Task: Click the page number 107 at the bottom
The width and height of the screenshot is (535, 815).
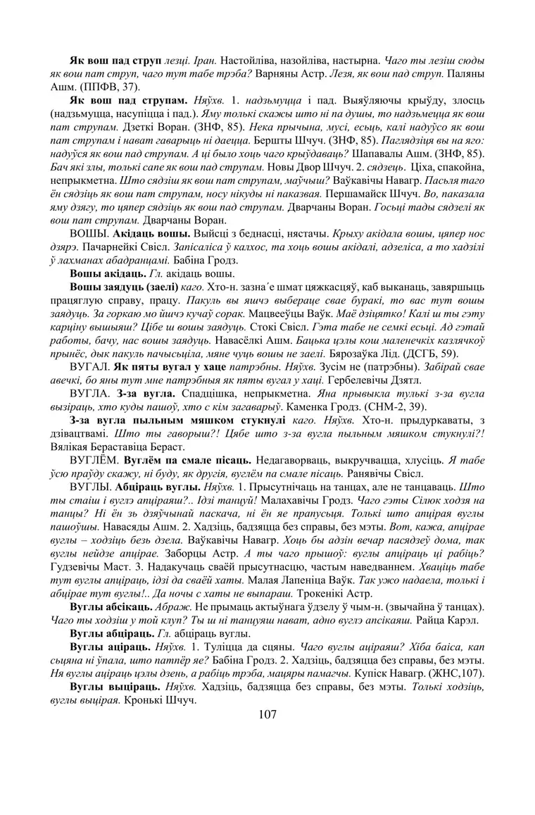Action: click(x=267, y=714)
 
